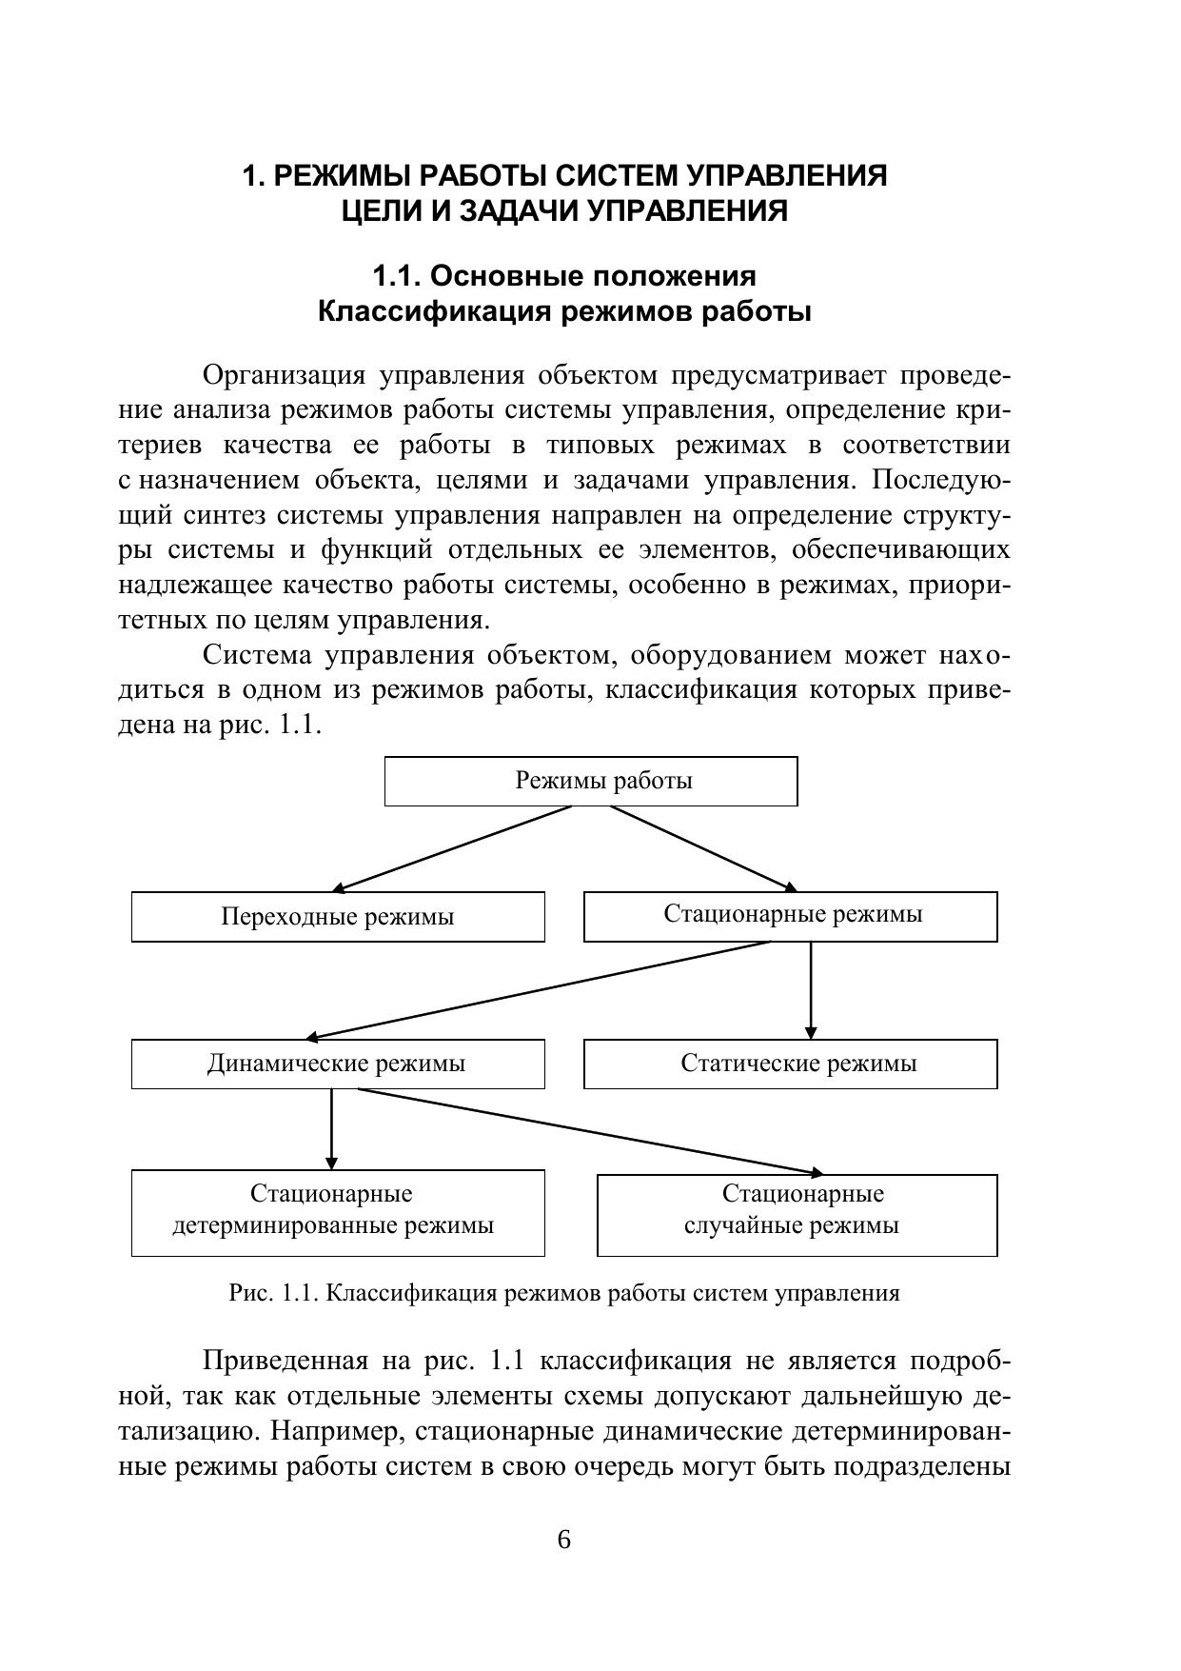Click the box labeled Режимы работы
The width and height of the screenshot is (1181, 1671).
590,781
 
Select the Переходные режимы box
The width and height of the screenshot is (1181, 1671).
338,917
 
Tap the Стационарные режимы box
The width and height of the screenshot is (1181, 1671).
790,916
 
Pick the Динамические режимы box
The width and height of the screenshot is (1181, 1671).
338,1064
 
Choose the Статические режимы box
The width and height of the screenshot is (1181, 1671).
790,1064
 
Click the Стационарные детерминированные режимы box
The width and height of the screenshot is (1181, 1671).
338,1212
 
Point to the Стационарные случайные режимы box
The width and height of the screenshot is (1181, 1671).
797,1214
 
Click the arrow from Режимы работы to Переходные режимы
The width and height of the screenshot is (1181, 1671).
452,848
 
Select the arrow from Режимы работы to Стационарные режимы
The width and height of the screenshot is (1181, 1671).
704,848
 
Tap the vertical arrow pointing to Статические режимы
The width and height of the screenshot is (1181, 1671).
811,990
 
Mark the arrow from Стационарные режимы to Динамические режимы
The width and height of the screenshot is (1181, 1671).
538,990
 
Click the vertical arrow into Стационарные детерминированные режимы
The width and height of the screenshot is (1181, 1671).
331,1128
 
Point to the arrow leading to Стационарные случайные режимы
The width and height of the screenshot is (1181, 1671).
590,1131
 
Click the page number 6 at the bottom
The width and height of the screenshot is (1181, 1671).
563,1540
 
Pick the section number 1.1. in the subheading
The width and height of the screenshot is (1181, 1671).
396,276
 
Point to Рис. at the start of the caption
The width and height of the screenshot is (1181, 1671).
250,1293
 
